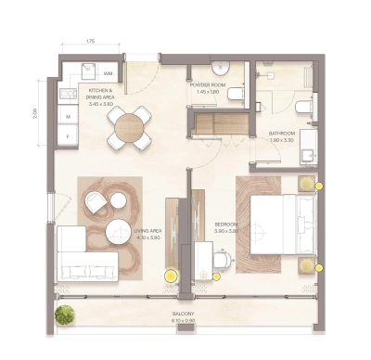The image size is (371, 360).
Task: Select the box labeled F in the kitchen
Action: point(67,136)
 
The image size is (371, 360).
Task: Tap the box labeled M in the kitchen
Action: point(67,116)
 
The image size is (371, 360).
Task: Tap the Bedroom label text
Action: point(227,225)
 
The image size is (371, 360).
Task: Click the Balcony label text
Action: point(183,315)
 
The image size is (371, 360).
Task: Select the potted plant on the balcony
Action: point(64,315)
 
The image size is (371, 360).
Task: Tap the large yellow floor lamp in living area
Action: point(171,275)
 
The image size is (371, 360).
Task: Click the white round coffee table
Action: point(118,230)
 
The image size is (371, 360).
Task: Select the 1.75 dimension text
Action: point(90,43)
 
